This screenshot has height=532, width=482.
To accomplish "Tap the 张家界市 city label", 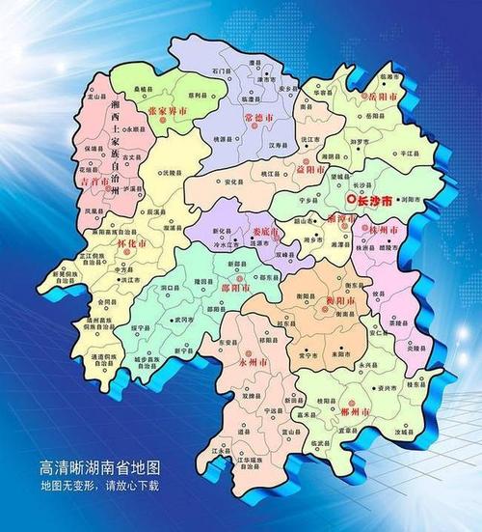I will pyautogui.click(x=169, y=112).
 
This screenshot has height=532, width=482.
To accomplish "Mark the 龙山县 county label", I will pyautogui.click(x=97, y=98).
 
